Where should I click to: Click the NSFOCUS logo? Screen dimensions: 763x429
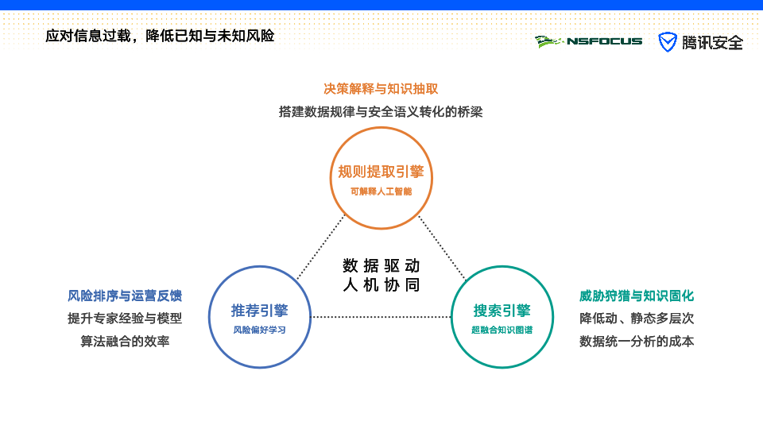[588, 42]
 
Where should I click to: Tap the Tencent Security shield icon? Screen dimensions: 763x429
[667, 42]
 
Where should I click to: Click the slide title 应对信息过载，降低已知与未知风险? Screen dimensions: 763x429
[160, 36]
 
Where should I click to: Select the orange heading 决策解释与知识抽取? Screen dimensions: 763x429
[381, 88]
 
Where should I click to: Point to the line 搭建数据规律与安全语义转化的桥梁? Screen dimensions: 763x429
[381, 112]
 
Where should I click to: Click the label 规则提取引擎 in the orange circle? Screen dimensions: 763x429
[381, 172]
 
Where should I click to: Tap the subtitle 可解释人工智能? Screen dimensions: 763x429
[381, 191]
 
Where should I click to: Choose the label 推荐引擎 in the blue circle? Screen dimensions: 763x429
[259, 311]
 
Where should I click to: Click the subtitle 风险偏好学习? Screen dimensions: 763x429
[259, 330]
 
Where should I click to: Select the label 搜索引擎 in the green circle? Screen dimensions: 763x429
[502, 311]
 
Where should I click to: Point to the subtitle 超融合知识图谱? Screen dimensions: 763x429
[502, 330]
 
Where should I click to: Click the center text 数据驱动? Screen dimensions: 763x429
[381, 265]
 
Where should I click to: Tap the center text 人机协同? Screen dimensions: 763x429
[381, 284]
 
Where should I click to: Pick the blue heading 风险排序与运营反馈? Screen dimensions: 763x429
[125, 296]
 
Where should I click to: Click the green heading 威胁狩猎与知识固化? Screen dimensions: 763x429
[637, 296]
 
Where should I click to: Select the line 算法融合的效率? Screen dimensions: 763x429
[125, 342]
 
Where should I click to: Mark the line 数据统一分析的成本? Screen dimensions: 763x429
[637, 342]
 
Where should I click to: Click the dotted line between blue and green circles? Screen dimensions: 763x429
[381, 317]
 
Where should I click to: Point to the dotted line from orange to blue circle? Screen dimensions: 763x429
[320, 247]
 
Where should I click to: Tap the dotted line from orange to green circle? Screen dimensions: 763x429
[443, 248]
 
